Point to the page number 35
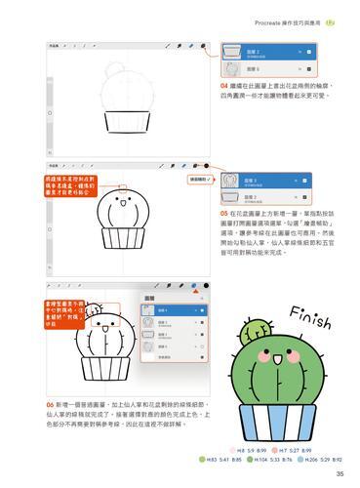click(338, 474)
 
